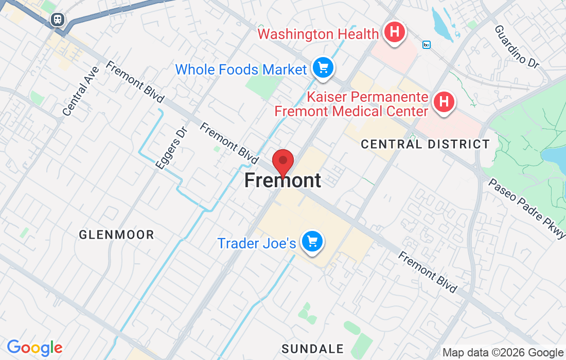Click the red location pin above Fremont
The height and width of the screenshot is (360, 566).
pos(282,161)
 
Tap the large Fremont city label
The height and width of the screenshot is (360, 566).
pos(282,181)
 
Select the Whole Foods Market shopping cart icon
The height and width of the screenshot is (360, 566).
pos(323,68)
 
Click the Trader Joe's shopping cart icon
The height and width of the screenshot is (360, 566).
pos(312,241)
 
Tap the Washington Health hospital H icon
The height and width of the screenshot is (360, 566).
pos(394,32)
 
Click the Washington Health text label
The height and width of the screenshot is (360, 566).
pos(318,34)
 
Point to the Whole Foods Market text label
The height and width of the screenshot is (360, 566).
pos(241,69)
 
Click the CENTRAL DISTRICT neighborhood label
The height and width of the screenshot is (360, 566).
pos(425,144)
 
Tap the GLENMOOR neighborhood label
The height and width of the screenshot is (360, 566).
pos(116,235)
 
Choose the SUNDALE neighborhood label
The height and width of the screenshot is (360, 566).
pos(312,348)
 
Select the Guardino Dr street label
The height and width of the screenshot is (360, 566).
pos(516,46)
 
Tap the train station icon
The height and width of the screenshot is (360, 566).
pos(57,20)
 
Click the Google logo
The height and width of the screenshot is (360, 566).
pos(34,348)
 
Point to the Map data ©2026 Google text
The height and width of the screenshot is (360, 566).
pos(503,353)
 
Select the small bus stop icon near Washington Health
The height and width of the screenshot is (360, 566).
pos(426,45)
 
